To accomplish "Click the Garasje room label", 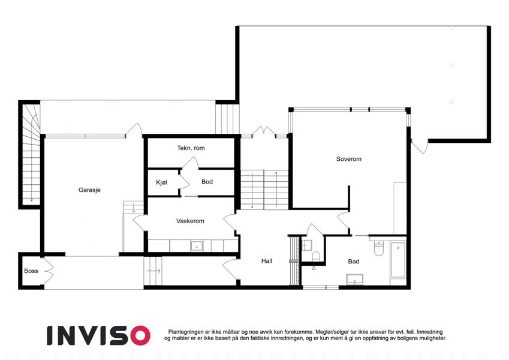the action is tap(89, 190).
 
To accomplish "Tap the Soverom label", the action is tap(349, 159).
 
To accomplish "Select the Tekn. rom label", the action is tap(191, 148).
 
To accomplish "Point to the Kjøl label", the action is tap(161, 182).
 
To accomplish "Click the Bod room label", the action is tap(207, 182).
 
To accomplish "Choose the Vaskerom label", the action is tap(190, 221).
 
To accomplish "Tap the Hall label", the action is tap(267, 261).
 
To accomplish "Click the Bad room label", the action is tap(354, 261).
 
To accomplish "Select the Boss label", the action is tap(31, 271).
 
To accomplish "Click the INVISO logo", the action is tap(99, 335).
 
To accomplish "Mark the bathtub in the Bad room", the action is tap(398, 260).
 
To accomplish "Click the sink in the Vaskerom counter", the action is tap(197, 246).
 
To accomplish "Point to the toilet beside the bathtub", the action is tap(379, 248).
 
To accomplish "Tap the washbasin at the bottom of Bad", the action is tap(355, 280).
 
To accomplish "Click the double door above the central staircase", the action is tap(264, 132).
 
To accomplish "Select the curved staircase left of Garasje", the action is tap(31, 154).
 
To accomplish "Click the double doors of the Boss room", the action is tap(49, 271).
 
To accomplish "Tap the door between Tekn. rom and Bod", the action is tap(190, 163).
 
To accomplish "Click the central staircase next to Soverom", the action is tap(264, 190).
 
